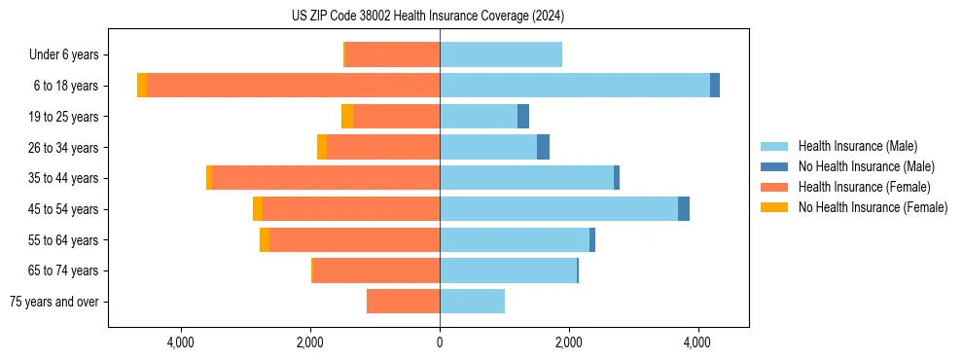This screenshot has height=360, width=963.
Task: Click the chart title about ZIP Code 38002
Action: pyautogui.click(x=428, y=17)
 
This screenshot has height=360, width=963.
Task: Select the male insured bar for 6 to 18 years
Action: pyautogui.click(x=574, y=86)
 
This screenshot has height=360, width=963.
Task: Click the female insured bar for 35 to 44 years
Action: pyautogui.click(x=326, y=178)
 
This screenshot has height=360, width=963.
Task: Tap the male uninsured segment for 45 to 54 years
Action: pyautogui.click(x=684, y=209)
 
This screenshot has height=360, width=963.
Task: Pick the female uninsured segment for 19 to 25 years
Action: pyautogui.click(x=347, y=117)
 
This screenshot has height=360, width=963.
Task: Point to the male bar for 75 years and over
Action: pyautogui.click(x=472, y=302)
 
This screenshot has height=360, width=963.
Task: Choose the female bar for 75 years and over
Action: pyautogui.click(x=403, y=302)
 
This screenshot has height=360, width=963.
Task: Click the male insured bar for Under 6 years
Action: pyautogui.click(x=501, y=54)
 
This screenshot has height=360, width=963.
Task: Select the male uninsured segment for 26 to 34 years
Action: pyautogui.click(x=543, y=147)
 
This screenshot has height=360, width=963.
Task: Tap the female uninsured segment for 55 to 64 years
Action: pyautogui.click(x=265, y=240)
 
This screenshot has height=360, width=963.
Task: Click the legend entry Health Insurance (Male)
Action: pyautogui.click(x=857, y=146)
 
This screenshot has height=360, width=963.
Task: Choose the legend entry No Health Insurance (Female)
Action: pyautogui.click(x=873, y=207)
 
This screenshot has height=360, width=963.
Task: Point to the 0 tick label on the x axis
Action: pyautogui.click(x=440, y=342)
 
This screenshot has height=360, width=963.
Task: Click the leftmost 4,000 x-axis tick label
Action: pyautogui.click(x=181, y=342)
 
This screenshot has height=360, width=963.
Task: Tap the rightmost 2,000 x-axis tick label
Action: pyautogui.click(x=568, y=342)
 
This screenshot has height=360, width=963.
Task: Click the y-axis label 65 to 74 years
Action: pyautogui.click(x=65, y=271)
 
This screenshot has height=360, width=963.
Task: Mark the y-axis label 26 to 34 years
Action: pyautogui.click(x=65, y=148)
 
